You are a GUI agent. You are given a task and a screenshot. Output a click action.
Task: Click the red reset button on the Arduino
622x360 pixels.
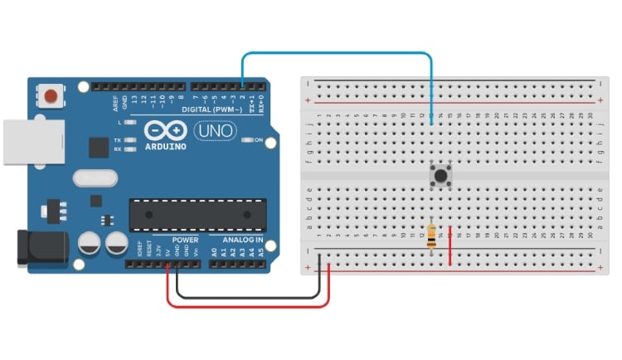coord(52,95)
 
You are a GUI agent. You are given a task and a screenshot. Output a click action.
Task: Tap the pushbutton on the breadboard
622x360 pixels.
coord(440,176)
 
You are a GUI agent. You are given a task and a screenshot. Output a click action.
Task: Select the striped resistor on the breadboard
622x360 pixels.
coord(431,236)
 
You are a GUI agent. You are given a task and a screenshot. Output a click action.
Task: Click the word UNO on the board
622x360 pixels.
coord(215,130)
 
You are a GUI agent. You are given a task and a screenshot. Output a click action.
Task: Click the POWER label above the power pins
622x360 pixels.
coord(184,240)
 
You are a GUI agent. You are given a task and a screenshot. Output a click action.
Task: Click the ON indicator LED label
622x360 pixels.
coord(258,140)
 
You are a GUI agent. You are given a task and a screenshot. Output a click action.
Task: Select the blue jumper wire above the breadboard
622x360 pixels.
coord(336,55)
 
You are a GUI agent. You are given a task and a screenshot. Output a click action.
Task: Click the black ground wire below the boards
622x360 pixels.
coord(245,296)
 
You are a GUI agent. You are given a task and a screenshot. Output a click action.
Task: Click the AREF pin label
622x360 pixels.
coord(115,103)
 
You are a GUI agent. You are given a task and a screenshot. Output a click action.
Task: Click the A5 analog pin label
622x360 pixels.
coord(263,251)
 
